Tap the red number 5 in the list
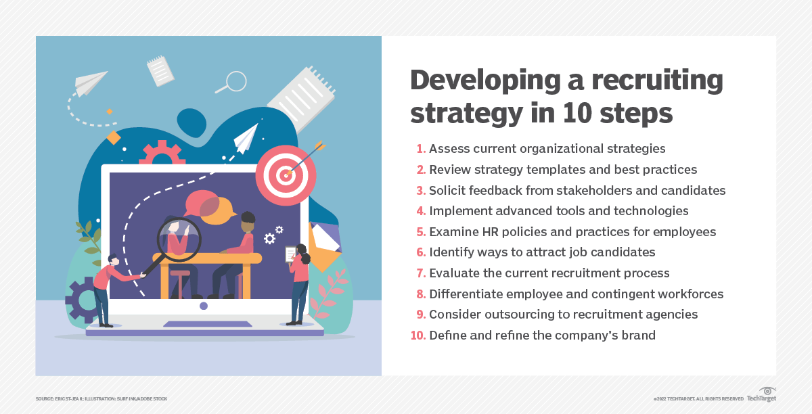coord(421,231)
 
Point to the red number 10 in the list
coord(418,336)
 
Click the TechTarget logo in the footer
coord(762,395)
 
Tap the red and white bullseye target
coord(286,175)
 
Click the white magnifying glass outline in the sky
coord(232,83)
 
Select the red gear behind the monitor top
coord(162,153)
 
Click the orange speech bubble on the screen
coord(217,210)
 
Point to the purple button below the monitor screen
coord(204,306)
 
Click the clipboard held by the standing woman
coord(291,254)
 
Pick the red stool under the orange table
coord(180,284)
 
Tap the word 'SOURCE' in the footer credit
coord(44,398)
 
